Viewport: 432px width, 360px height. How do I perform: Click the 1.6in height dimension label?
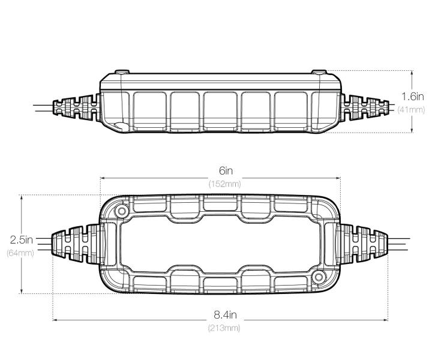[412, 97]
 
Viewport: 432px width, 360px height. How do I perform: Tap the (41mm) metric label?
[411, 110]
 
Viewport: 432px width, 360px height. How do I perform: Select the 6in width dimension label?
[226, 171]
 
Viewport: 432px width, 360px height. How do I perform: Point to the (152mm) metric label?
[224, 184]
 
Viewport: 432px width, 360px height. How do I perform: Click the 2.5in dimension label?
[22, 239]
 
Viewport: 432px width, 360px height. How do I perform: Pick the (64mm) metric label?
[20, 253]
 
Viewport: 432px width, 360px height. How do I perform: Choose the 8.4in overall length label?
[225, 315]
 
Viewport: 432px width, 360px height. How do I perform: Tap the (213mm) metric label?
[224, 328]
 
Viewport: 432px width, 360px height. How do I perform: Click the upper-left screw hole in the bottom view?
[121, 212]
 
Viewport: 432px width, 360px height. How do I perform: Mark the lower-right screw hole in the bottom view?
[319, 277]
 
